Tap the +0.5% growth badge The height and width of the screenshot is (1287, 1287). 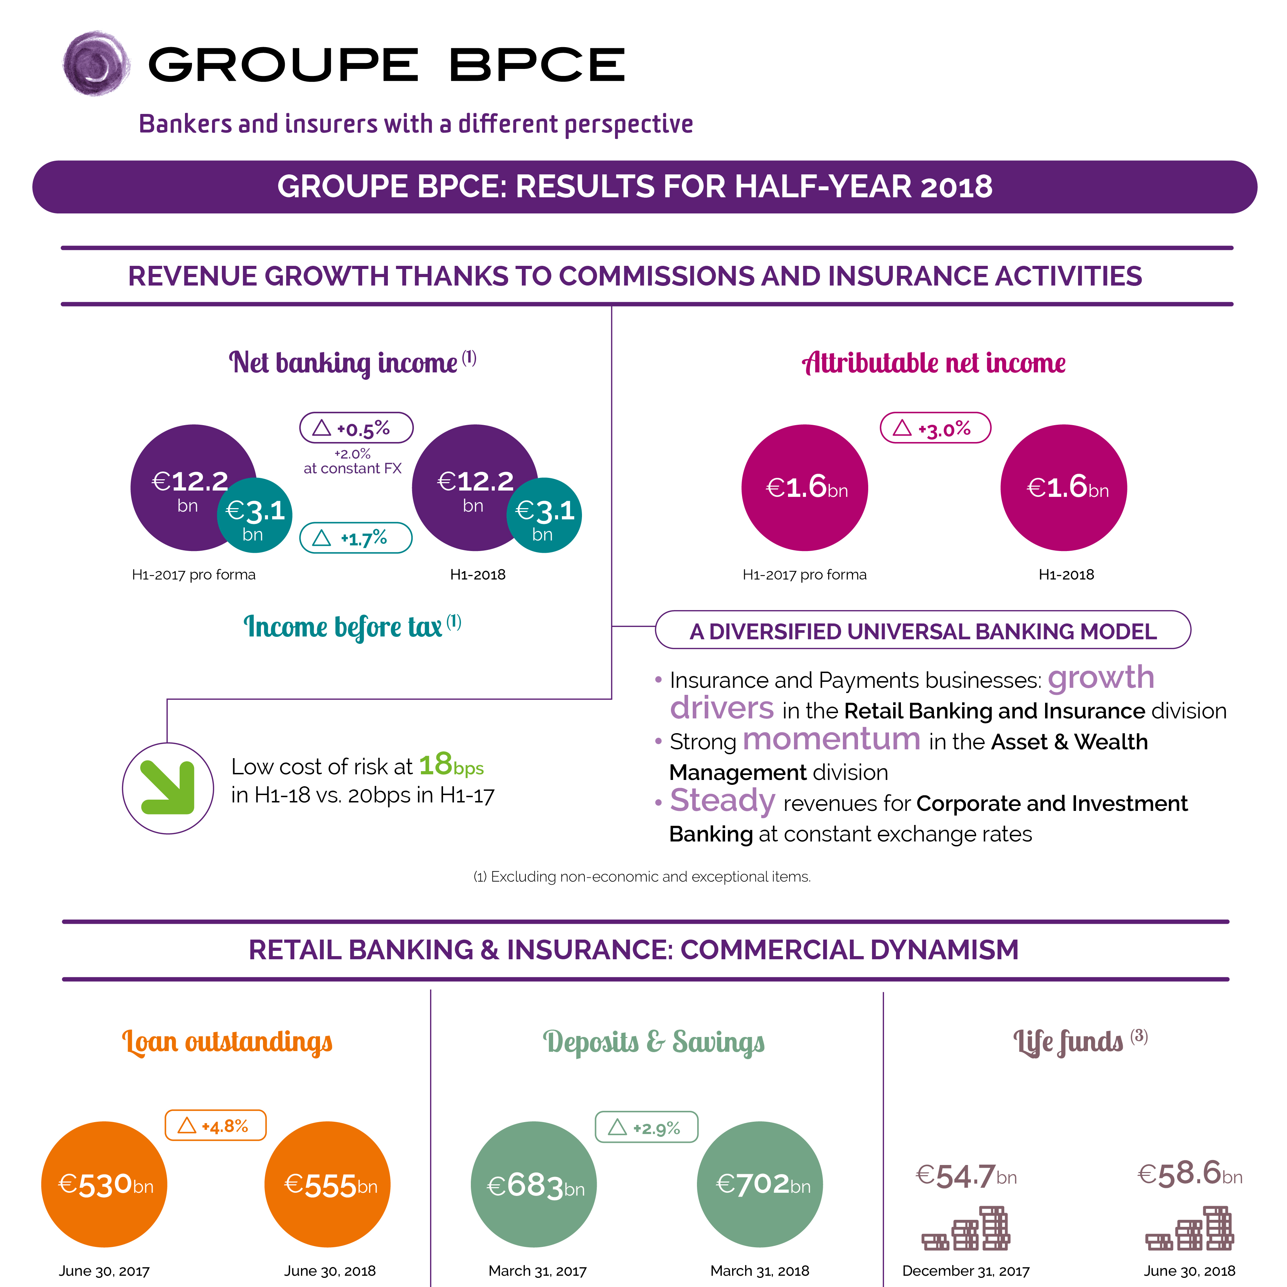tap(357, 428)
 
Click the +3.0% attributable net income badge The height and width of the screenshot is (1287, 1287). tap(935, 428)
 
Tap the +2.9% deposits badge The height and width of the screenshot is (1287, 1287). tap(646, 1127)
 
